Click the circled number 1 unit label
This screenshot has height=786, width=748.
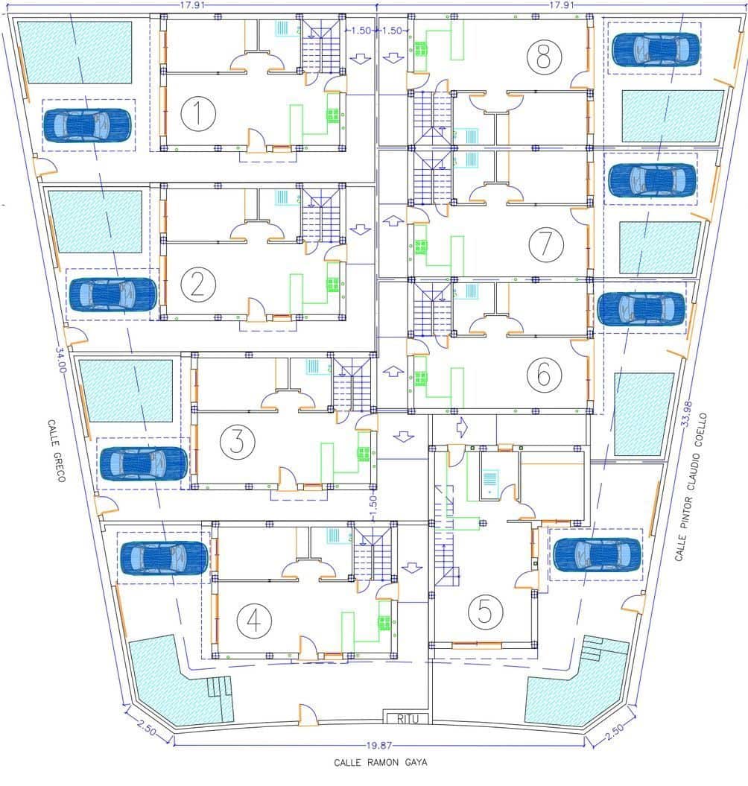pyautogui.click(x=198, y=112)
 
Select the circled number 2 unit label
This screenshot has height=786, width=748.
pyautogui.click(x=197, y=284)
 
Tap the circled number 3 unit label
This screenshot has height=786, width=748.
pyautogui.click(x=237, y=442)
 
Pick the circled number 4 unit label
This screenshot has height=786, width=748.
pyautogui.click(x=254, y=621)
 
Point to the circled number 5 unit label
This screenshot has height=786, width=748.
pyautogui.click(x=485, y=611)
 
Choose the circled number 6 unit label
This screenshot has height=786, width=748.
pyautogui.click(x=545, y=374)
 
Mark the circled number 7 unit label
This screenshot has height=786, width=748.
pyautogui.click(x=546, y=244)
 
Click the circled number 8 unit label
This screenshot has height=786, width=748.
pyautogui.click(x=544, y=56)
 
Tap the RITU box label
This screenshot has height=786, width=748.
pyautogui.click(x=407, y=719)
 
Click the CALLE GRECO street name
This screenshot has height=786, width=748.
pyautogui.click(x=56, y=451)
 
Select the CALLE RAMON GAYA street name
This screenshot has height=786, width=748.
pyautogui.click(x=381, y=762)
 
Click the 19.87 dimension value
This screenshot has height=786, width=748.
pyautogui.click(x=379, y=746)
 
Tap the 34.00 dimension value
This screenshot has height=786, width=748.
pyautogui.click(x=60, y=360)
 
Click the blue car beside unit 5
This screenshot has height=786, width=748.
pyautogui.click(x=597, y=554)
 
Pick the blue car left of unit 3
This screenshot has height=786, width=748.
pyautogui.click(x=144, y=463)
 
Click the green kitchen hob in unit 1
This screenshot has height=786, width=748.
pyautogui.click(x=333, y=115)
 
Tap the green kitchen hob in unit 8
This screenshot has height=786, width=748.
pyautogui.click(x=421, y=49)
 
